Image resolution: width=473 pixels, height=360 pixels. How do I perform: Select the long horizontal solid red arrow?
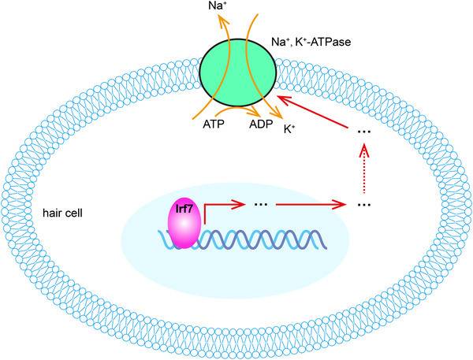point(315,206)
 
